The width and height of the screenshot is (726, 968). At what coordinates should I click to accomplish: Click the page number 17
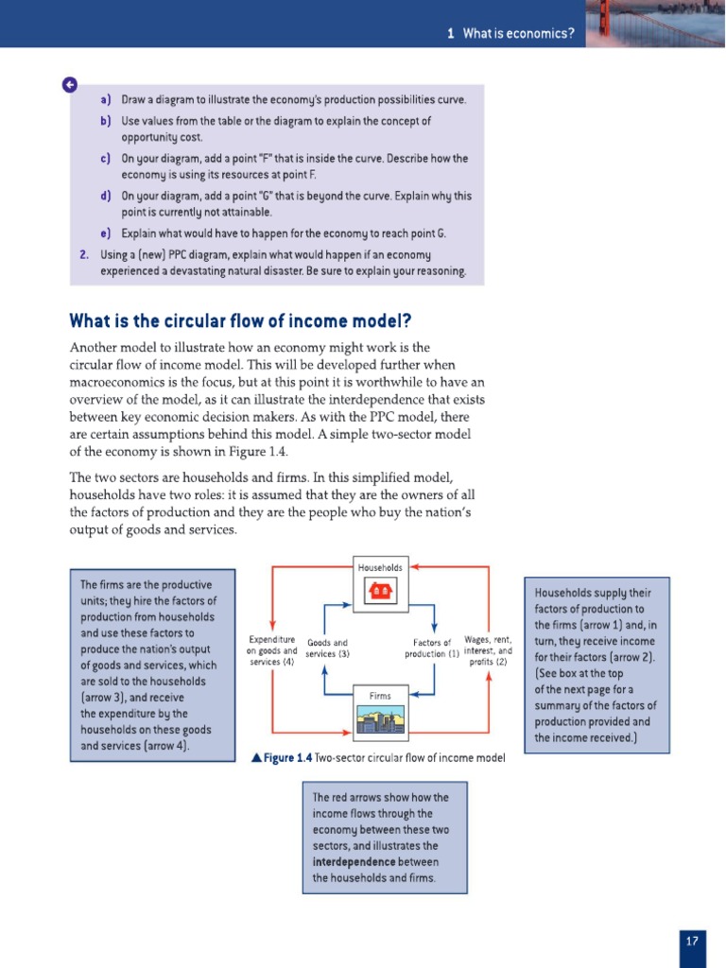tap(693, 941)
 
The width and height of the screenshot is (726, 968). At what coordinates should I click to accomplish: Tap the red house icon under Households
tap(381, 591)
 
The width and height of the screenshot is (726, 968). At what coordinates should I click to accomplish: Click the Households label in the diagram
tap(381, 567)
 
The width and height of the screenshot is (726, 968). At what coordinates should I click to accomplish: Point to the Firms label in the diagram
tap(380, 696)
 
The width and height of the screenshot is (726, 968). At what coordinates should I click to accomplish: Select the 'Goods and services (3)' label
tap(328, 648)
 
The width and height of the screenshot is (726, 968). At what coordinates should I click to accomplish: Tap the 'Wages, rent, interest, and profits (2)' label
tap(489, 650)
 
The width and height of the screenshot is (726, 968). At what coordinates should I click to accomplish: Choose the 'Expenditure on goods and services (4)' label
tap(271, 650)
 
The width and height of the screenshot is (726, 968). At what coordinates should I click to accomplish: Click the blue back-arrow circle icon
tap(70, 85)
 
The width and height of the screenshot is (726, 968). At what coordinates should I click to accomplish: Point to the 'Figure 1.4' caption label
tap(286, 758)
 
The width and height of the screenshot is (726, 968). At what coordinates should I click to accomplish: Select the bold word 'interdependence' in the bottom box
tap(355, 862)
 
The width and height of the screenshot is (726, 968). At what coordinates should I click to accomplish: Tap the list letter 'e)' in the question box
tap(105, 233)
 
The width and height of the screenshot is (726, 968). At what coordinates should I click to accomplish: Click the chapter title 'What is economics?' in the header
tap(518, 34)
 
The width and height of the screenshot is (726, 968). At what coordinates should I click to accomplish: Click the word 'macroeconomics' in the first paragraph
tap(115, 381)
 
